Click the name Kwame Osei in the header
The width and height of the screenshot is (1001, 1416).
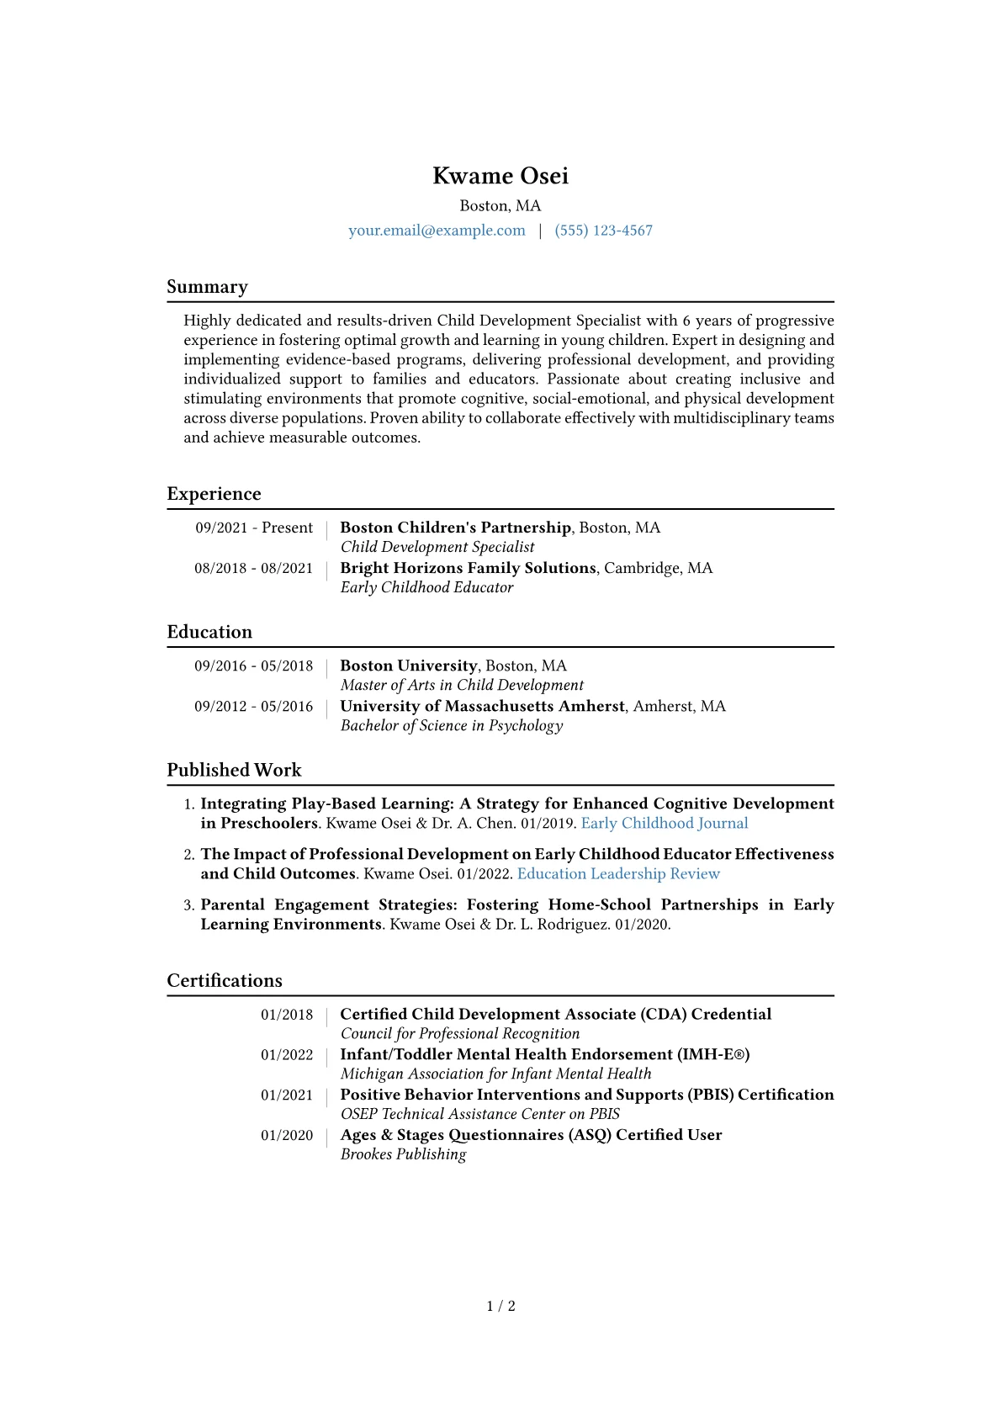[x=500, y=176]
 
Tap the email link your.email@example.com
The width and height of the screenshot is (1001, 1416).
[x=437, y=231]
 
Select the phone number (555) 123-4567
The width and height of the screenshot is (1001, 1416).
[x=603, y=231]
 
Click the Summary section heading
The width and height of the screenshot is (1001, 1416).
[x=207, y=287]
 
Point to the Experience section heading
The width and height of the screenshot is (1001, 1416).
[x=214, y=494]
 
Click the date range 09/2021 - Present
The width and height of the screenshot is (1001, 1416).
[x=254, y=528]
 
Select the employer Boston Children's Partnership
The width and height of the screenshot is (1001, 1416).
[x=455, y=528]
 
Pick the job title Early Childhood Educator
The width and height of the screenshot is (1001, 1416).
[x=426, y=587]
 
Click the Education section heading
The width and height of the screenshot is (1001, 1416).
[x=209, y=632]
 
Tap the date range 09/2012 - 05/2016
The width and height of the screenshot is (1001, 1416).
[x=253, y=706]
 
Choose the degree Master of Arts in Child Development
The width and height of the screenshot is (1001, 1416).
[x=462, y=685]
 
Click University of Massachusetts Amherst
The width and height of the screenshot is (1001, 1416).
[x=482, y=706]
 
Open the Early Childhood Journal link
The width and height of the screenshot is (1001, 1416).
[x=664, y=823]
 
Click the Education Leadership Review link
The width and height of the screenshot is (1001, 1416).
[x=618, y=873]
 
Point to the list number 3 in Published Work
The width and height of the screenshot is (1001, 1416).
[x=188, y=905]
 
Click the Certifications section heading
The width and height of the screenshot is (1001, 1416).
[x=225, y=980]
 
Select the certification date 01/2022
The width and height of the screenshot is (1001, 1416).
[x=286, y=1055]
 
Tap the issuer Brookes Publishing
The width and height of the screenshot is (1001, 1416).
[x=403, y=1154]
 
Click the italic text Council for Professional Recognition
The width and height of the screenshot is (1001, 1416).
[x=460, y=1033]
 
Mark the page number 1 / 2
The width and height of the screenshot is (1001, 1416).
[x=500, y=1306]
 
